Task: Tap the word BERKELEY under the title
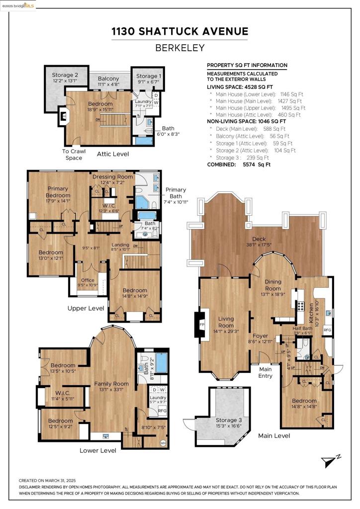coord(180,49)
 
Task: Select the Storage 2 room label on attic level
coord(66,76)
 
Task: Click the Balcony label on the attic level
coord(108,79)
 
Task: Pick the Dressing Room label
coord(112,177)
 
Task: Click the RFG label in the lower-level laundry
coord(162,411)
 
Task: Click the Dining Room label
coord(272,285)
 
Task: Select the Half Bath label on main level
coord(302,329)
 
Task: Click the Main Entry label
coord(265,372)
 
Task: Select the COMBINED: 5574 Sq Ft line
coord(239,164)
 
